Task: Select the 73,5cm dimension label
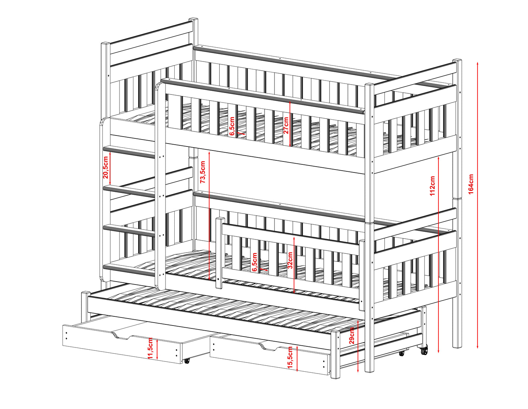203,172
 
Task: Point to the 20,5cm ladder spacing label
106,167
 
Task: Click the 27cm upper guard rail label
286,125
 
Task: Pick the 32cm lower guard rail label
290,260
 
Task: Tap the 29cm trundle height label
352,336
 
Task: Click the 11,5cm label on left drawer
150,348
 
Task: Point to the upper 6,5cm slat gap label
232,126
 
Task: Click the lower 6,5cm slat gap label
254,262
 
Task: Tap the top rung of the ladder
129,152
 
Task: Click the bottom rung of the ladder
129,270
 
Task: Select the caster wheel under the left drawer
187,361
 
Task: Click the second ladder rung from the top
129,192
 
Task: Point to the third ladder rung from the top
129,231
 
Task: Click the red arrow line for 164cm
478,205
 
